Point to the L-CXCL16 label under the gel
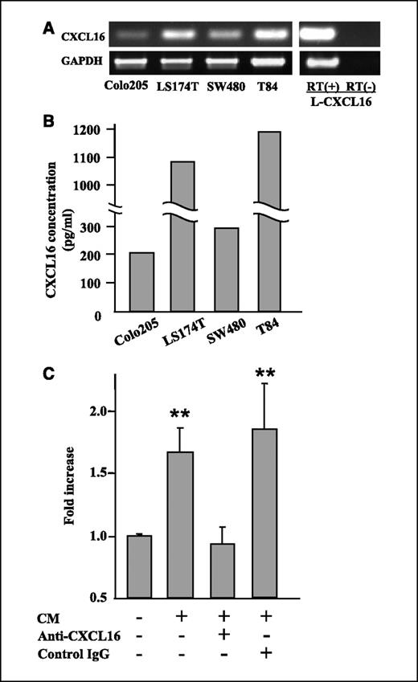[x=341, y=96]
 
